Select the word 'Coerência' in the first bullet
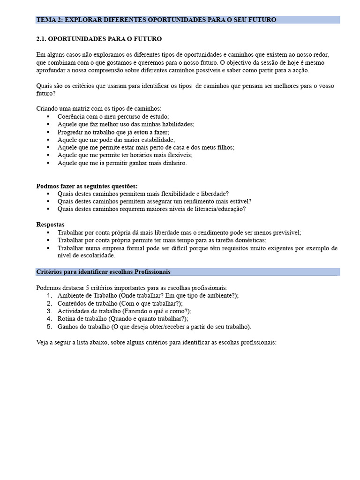pos(71,116)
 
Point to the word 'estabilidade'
pos(156,140)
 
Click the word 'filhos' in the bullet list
pos(224,147)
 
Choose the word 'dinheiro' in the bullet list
pos(174,163)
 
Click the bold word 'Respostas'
pos(50,225)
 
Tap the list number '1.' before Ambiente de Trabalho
pos(50,295)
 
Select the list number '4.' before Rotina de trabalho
pos(50,319)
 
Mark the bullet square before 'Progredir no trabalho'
pos(48,132)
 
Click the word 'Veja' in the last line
pos(43,342)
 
